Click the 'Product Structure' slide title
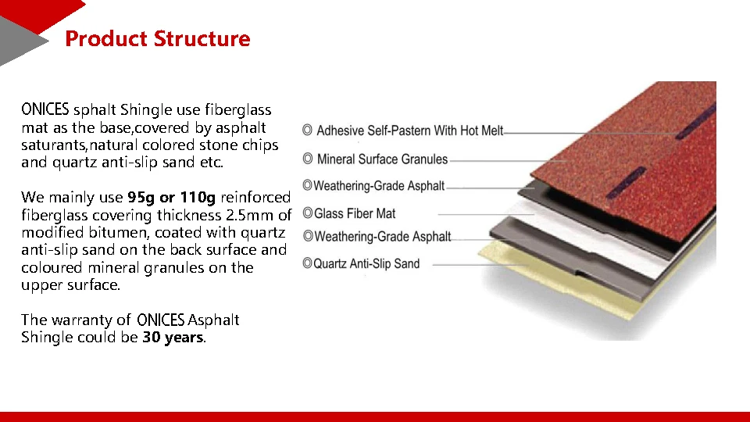point(157,39)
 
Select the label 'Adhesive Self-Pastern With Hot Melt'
point(409,131)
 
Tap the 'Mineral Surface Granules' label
point(382,159)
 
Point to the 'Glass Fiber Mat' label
point(355,213)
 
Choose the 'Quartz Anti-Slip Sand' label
point(366,264)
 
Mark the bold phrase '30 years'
point(172,338)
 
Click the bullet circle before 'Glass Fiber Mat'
point(307,213)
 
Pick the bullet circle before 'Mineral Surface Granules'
point(308,159)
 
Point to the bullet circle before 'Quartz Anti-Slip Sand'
point(307,264)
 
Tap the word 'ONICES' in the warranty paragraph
point(160,320)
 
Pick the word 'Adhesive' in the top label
point(341,131)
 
